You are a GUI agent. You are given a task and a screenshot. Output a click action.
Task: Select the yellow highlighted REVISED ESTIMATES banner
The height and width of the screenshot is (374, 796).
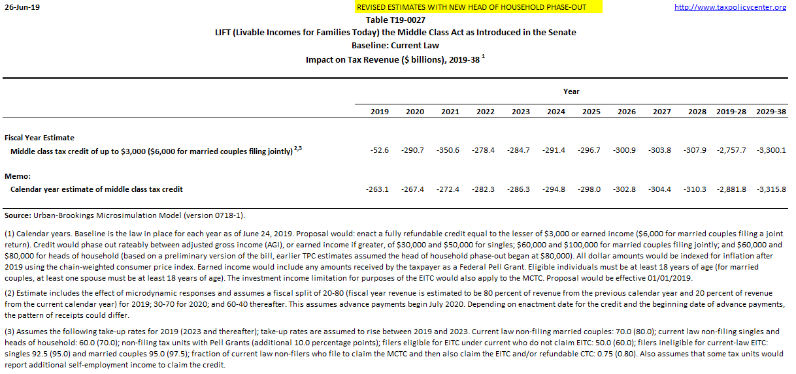470,7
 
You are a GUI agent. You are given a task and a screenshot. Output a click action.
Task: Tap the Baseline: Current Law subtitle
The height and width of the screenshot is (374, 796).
395,46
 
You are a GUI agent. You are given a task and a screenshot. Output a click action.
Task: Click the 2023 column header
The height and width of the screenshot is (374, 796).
520,112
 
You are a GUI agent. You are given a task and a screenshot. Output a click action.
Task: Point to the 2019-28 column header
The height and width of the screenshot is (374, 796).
732,112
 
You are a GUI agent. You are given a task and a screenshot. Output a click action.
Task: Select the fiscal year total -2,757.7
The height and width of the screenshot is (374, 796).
731,151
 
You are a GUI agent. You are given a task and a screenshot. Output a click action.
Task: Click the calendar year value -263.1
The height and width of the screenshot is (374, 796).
377,189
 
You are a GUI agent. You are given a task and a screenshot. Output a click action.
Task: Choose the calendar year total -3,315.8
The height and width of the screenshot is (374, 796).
771,189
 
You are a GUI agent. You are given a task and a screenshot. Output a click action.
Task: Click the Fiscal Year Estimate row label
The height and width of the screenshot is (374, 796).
39,138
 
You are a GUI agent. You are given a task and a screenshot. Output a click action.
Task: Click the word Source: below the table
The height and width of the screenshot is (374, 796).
18,215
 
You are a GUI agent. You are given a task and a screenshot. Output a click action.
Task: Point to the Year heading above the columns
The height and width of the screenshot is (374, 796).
571,91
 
